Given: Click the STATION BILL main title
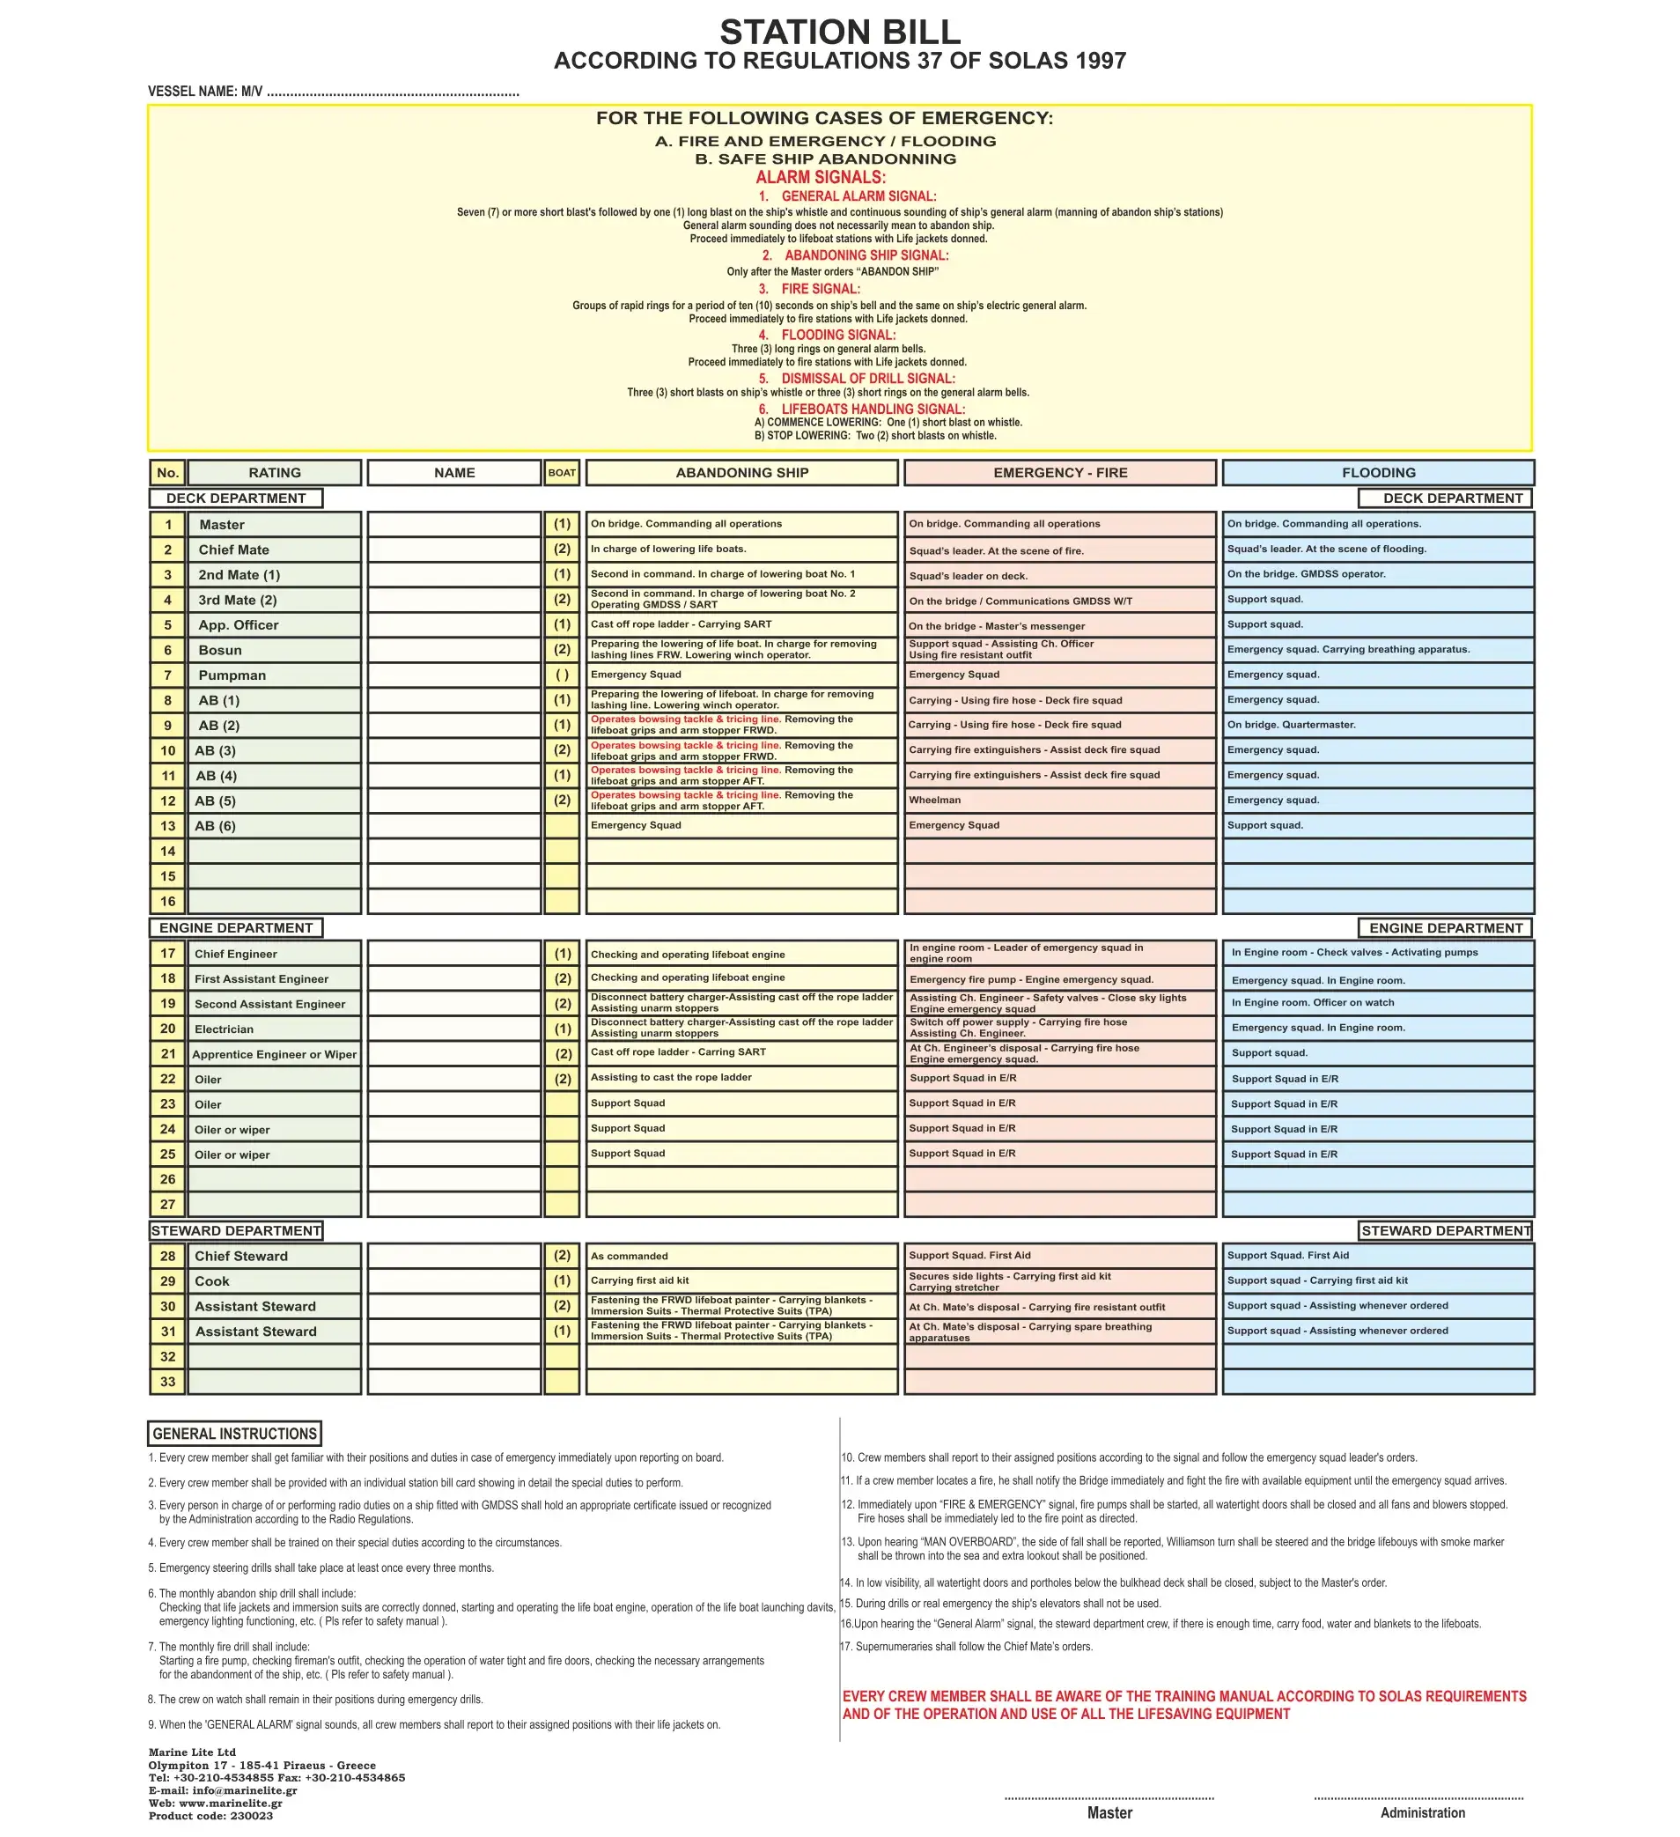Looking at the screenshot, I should [839, 33].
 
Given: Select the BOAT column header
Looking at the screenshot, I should [561, 472].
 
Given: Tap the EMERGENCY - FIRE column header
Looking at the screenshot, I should [1059, 472].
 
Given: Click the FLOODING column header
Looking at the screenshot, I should [1377, 472].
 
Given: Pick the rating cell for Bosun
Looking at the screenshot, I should [274, 650].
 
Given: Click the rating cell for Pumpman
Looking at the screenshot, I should [274, 675].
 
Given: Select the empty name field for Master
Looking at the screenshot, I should [453, 524].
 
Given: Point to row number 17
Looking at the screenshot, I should [167, 953].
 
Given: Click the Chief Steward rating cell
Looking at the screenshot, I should [274, 1256].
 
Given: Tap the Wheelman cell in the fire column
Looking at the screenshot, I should [1059, 800].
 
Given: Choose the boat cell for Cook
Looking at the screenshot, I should [561, 1280].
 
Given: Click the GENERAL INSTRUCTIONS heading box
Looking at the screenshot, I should [234, 1434].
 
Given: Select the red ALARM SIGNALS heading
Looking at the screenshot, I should [820, 177].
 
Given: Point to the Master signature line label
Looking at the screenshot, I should [1109, 1812].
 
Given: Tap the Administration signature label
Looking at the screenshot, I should [1421, 1812].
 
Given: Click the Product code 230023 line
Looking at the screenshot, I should [210, 1815].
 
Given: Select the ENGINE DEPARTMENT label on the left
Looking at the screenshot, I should [236, 927].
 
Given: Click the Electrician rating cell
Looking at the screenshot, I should [274, 1029].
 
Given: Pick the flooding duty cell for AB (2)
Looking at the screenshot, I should [1377, 726].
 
